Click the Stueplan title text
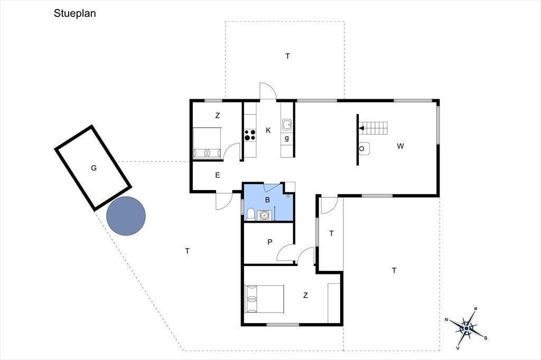[74, 13]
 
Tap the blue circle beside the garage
[126, 216]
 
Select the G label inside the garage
[94, 168]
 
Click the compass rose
[466, 328]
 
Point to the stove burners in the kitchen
[250, 135]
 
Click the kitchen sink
[287, 125]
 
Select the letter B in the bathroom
[267, 200]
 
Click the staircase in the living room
[374, 128]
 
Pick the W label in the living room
[400, 146]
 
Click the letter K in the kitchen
[268, 130]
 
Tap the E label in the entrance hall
[217, 175]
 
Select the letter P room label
[270, 242]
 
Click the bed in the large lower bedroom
[264, 299]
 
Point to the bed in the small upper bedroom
[207, 143]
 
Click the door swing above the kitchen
[268, 91]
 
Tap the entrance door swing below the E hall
[224, 201]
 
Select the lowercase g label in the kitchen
[287, 139]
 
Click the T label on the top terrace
[288, 56]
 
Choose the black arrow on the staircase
[361, 128]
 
